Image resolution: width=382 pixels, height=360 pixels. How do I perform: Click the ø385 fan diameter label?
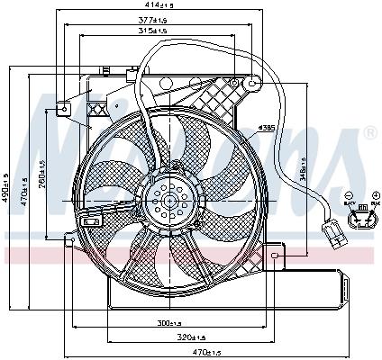tap(265, 129)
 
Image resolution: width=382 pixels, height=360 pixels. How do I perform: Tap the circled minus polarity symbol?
tap(349, 195)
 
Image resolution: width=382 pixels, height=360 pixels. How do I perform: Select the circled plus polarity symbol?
tap(373, 195)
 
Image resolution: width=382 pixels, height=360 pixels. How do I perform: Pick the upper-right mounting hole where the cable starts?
tap(254, 82)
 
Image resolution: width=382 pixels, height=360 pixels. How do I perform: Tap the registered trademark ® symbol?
tap(369, 132)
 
